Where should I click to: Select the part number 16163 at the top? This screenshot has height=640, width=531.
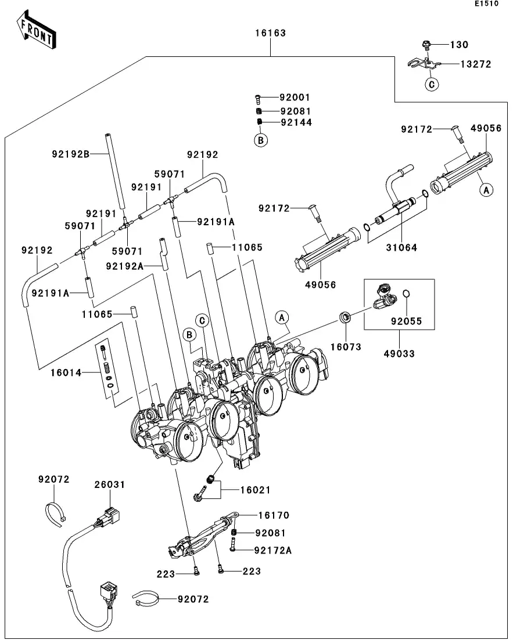(x=270, y=33)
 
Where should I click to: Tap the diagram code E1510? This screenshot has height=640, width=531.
(x=486, y=4)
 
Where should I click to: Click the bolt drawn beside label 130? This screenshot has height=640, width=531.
(x=426, y=44)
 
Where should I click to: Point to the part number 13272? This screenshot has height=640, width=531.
(x=476, y=64)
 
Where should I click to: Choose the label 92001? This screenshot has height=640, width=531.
(x=295, y=97)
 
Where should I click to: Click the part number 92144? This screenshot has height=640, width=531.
(x=296, y=122)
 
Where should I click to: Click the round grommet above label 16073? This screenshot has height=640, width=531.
(x=346, y=317)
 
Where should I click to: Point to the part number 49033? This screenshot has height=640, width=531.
(x=399, y=353)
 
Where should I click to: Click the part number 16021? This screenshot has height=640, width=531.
(x=256, y=490)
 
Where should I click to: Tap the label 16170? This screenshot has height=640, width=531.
(x=274, y=515)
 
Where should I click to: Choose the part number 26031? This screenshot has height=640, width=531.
(x=110, y=484)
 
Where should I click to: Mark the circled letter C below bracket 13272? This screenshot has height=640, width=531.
(x=431, y=85)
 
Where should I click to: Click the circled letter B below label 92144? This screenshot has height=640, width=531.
(x=261, y=140)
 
